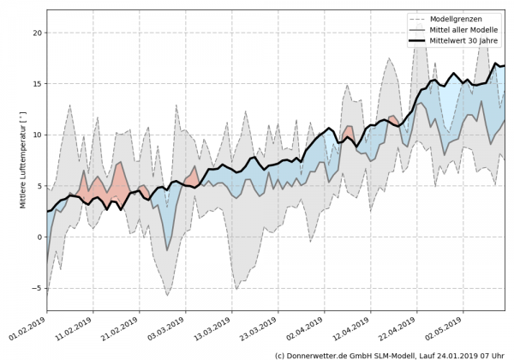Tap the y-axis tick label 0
pos(38,237)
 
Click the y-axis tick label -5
pos(35,287)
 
